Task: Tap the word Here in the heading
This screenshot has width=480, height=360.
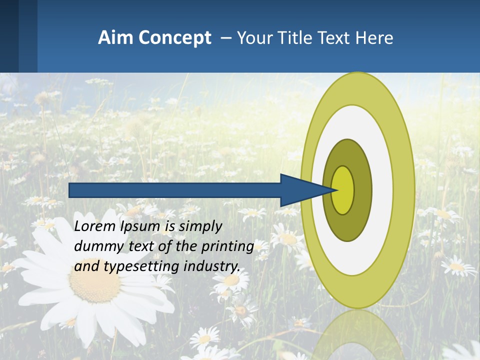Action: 375,38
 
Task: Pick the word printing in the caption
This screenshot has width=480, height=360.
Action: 227,246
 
